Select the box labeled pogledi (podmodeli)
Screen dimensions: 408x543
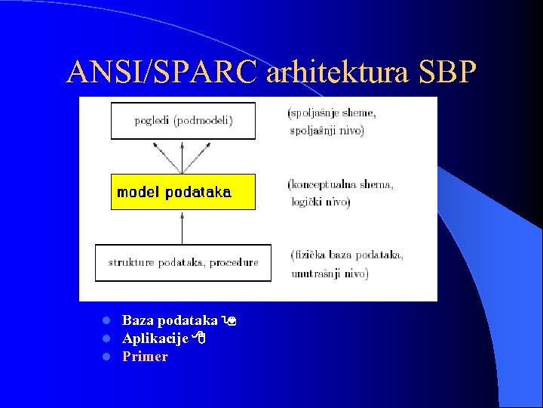click(183, 121)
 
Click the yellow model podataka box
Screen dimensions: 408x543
click(183, 192)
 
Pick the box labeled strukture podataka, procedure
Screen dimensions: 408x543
click(183, 263)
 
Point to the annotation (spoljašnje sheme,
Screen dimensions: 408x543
click(332, 114)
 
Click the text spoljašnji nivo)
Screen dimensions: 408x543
click(327, 131)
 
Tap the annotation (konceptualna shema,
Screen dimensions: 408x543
click(340, 184)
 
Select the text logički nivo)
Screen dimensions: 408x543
click(321, 202)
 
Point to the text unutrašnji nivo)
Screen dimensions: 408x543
click(330, 273)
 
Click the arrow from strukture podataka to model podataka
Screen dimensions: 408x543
click(183, 227)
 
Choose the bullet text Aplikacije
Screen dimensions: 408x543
click(155, 338)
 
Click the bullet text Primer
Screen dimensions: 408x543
click(145, 357)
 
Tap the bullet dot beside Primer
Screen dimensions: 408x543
click(107, 357)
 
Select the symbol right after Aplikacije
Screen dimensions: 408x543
click(199, 339)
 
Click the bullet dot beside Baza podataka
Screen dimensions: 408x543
click(107, 321)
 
